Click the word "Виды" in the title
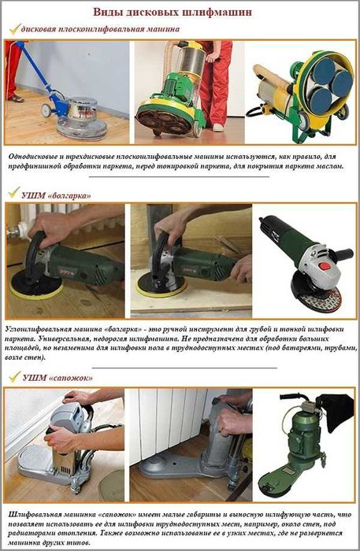[109, 13]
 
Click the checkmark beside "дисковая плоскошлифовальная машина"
[13, 29]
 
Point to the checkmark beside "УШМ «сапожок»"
[13, 377]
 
